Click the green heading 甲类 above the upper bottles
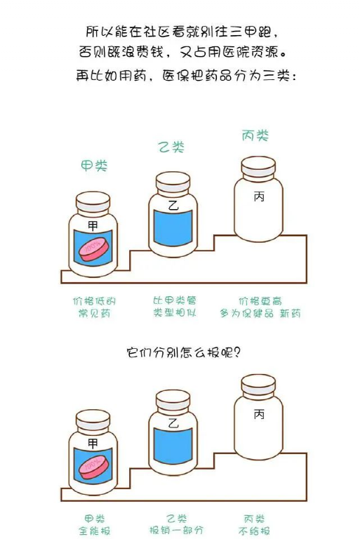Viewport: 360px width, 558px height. point(94,166)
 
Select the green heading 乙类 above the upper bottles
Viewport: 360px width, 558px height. point(171,147)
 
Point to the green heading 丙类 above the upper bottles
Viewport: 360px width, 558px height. point(255,135)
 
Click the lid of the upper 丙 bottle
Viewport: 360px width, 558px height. point(258,168)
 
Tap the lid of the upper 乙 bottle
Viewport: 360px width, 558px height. point(173,183)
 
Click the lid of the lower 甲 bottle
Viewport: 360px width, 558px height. point(93,420)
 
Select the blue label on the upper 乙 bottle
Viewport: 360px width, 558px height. point(173,227)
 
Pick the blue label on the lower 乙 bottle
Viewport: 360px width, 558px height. point(173,446)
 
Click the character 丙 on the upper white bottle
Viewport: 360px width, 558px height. point(259,197)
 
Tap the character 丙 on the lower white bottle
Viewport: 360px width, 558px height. point(259,414)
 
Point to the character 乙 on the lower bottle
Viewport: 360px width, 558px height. point(173,423)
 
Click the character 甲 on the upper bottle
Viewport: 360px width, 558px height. point(93,225)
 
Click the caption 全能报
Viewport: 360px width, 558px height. point(95,531)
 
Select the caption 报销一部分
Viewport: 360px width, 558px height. point(176,530)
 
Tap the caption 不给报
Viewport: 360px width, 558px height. point(254,531)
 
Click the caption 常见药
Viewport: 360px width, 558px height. point(94,313)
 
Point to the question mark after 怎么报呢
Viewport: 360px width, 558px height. point(237,352)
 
